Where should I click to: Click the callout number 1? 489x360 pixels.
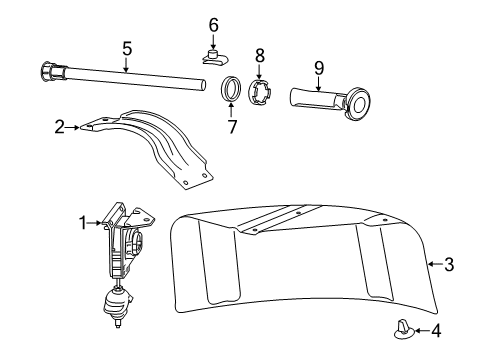85,222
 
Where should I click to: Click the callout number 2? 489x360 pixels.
60,127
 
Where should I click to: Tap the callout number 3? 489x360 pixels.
449,265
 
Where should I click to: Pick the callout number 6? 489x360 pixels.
213,24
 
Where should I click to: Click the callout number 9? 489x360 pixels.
318,69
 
